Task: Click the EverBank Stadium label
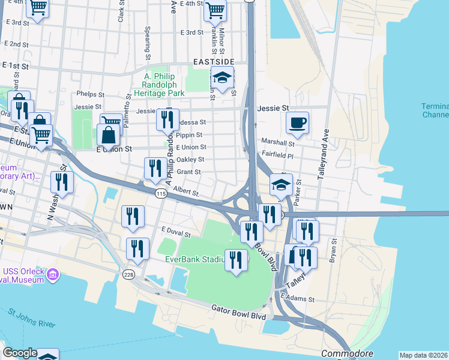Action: click(196, 260)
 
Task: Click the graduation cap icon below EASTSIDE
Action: click(222, 79)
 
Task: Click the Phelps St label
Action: click(91, 95)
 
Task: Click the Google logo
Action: click(20, 353)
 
